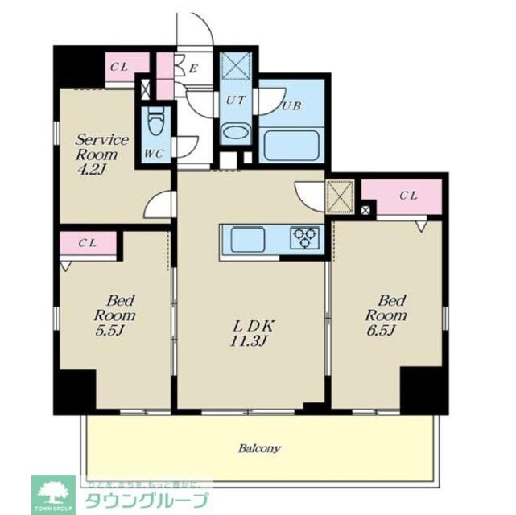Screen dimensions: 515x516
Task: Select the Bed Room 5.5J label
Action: [x=114, y=315]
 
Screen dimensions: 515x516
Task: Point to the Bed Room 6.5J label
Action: [x=386, y=315]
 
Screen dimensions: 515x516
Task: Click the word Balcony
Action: [x=258, y=448]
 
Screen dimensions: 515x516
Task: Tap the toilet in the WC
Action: [x=156, y=123]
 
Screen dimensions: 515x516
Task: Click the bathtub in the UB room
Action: [x=294, y=146]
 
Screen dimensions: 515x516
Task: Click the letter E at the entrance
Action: [x=193, y=68]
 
